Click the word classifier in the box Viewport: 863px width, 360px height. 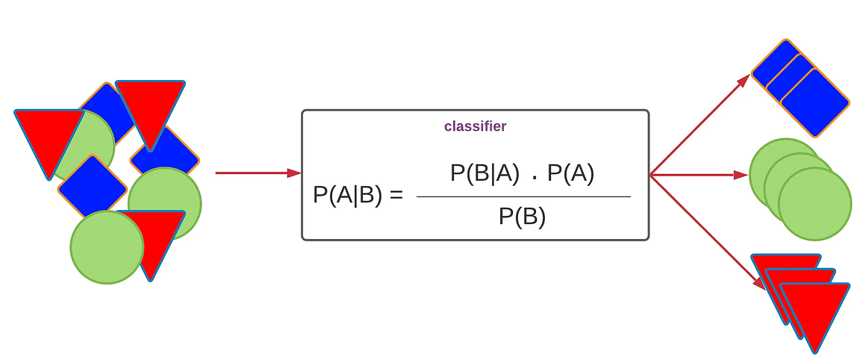(x=475, y=126)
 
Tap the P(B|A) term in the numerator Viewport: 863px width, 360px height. (x=485, y=174)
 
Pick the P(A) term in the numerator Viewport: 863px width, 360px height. (x=571, y=174)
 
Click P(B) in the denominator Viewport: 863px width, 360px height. (x=523, y=217)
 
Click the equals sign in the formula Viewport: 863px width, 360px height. (x=396, y=196)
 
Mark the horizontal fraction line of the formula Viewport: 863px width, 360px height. (x=523, y=196)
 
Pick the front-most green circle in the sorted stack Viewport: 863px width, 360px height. (x=814, y=204)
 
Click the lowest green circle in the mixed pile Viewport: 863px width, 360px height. (x=107, y=247)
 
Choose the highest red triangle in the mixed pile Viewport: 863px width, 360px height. (x=150, y=105)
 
